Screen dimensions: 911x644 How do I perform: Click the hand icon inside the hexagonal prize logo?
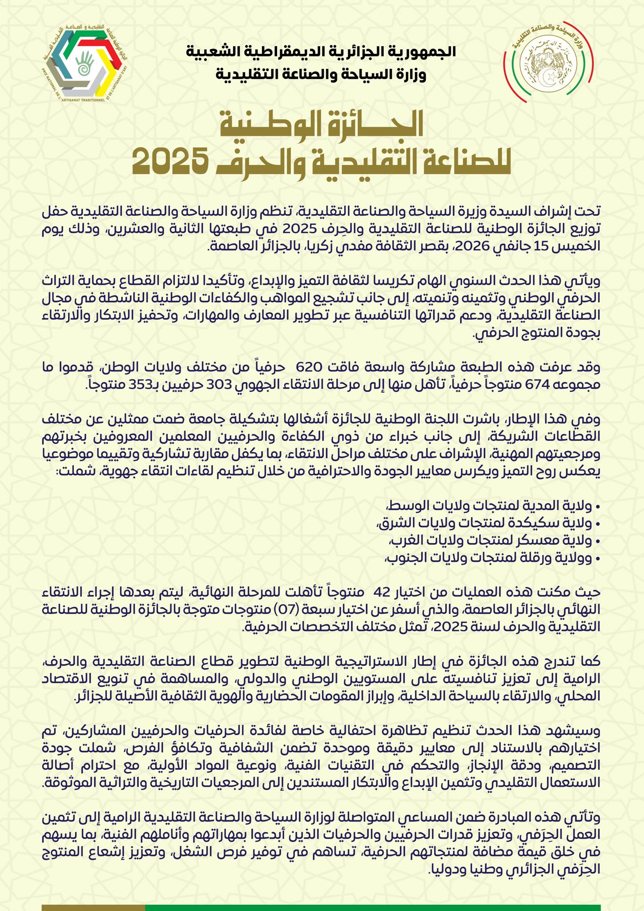click(x=85, y=62)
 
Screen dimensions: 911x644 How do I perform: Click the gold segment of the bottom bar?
click(x=93, y=907)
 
